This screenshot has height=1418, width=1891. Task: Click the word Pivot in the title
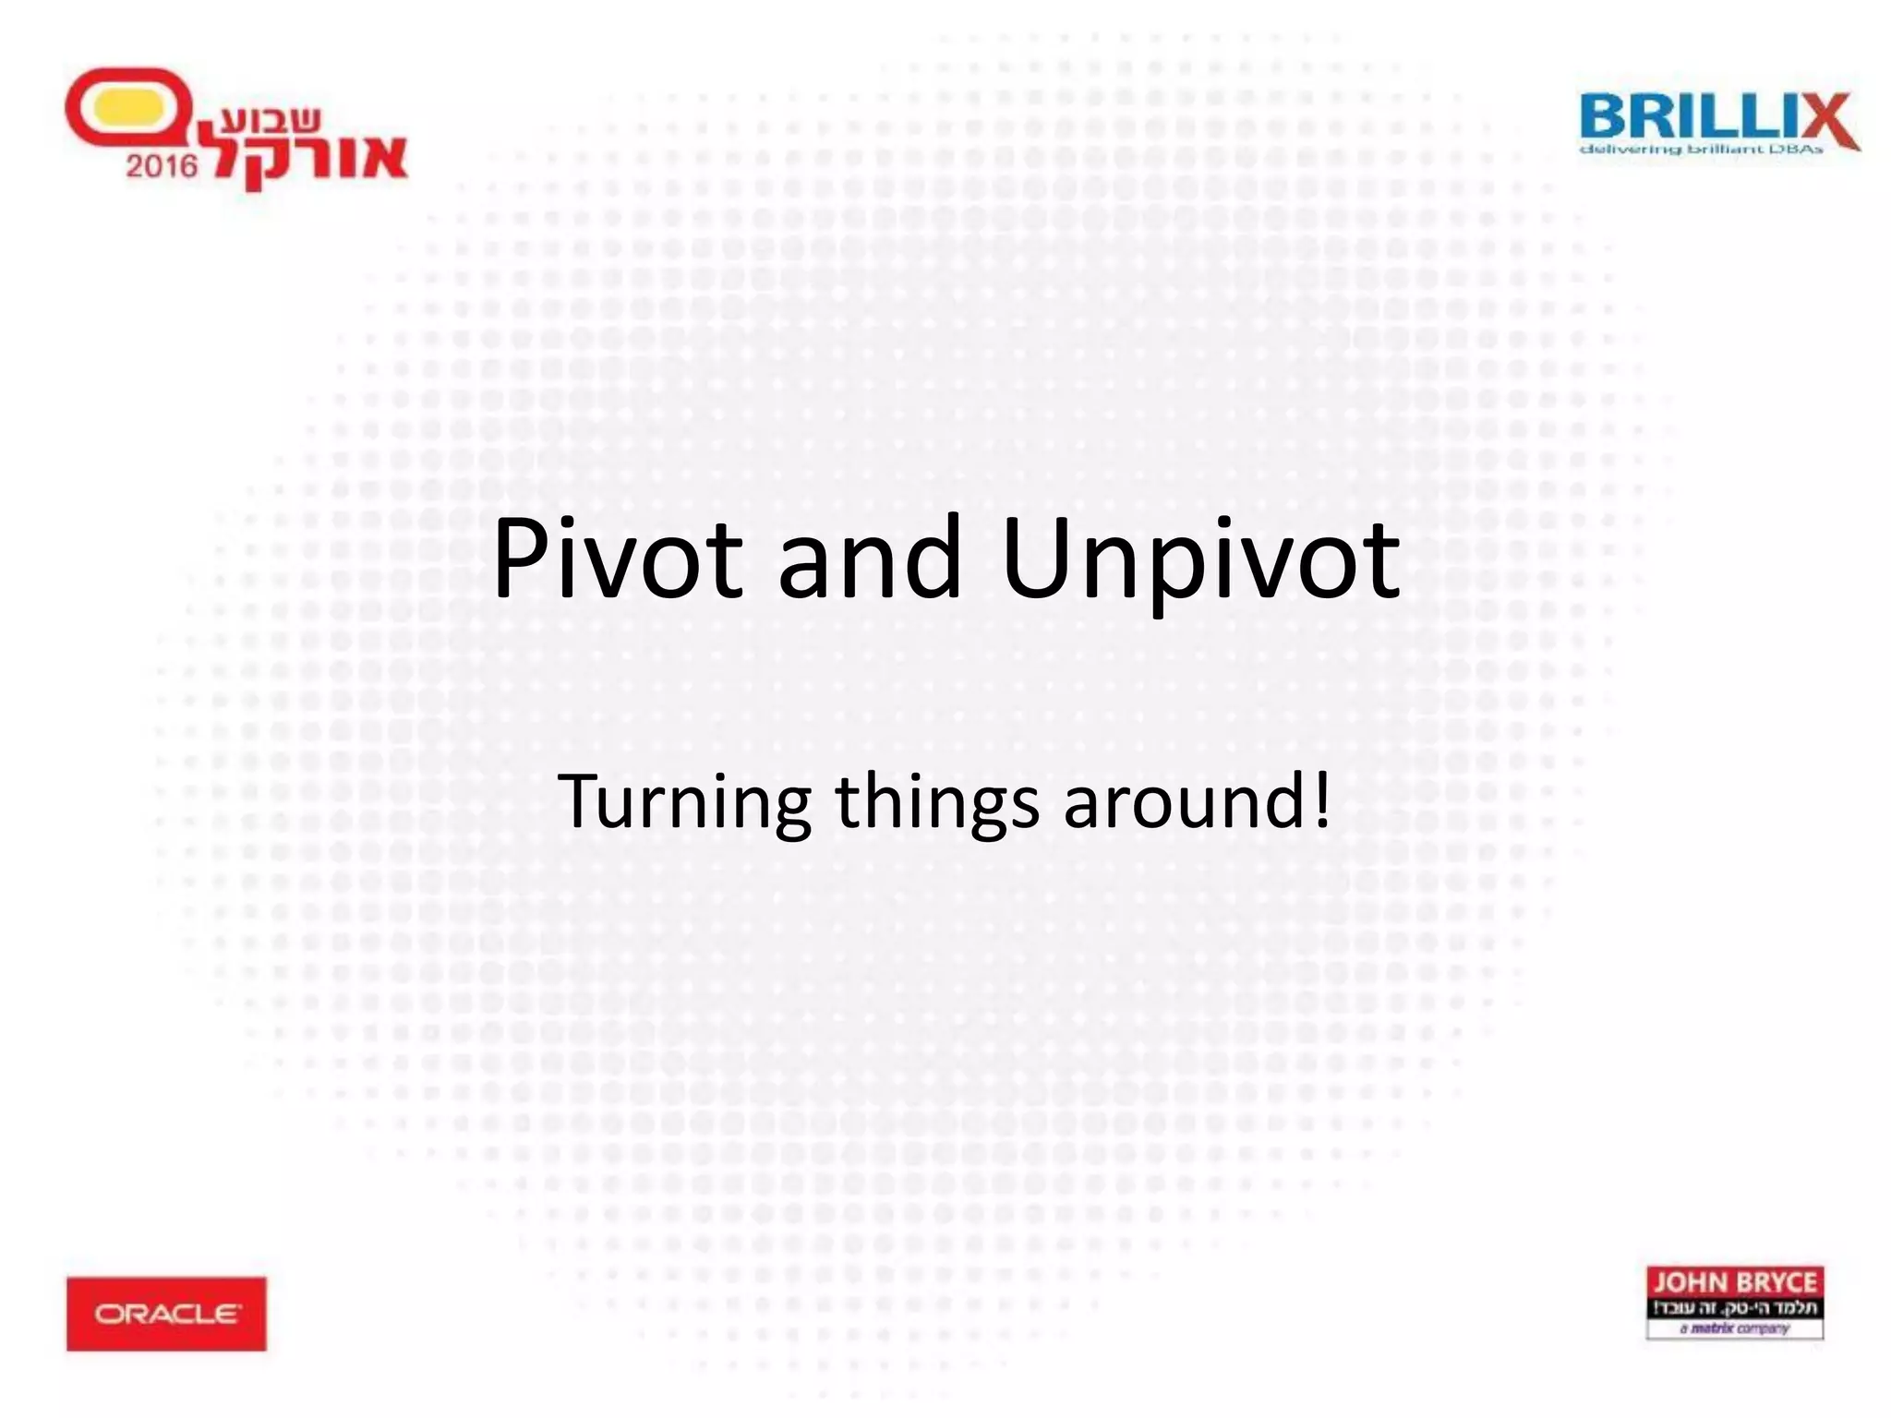pos(617,559)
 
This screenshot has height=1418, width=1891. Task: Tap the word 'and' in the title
pos(870,559)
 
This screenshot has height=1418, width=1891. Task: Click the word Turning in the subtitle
pos(684,802)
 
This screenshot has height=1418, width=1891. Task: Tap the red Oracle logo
pos(166,1313)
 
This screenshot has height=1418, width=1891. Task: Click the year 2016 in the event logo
pos(162,165)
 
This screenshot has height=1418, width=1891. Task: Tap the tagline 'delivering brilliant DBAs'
pos(1701,150)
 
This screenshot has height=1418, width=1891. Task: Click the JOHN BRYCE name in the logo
pos(1734,1282)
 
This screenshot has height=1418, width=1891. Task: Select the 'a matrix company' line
pos(1734,1328)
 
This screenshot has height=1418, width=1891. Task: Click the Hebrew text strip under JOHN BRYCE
pos(1734,1307)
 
